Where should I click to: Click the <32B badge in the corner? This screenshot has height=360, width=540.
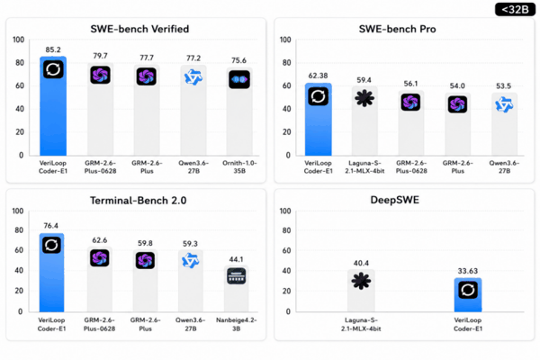click(515, 9)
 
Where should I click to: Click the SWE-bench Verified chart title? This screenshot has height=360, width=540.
click(139, 29)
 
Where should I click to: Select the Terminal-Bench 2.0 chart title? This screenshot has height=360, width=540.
click(138, 200)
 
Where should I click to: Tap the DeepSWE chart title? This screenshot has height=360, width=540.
click(395, 200)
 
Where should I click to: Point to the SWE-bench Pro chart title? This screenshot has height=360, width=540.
click(398, 29)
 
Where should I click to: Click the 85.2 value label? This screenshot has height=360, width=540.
click(53, 49)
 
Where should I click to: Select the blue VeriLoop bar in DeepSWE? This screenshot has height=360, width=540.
click(468, 295)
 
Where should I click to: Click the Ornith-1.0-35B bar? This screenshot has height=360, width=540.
click(239, 112)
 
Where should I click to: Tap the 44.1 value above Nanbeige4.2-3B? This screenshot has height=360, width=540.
click(236, 259)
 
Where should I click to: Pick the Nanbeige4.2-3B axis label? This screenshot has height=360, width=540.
click(236, 324)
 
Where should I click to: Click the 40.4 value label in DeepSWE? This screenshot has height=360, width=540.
click(361, 263)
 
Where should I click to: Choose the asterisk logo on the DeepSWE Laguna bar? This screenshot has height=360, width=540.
click(361, 281)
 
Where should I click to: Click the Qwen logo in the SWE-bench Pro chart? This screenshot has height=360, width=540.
click(504, 104)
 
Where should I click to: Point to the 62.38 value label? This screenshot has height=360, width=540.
click(318, 76)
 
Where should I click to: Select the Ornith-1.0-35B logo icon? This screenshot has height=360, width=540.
click(239, 79)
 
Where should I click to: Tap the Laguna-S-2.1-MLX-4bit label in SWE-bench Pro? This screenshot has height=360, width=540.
click(364, 166)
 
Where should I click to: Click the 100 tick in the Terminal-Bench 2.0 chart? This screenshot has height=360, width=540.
click(18, 211)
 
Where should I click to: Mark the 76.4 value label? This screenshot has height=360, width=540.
click(51, 226)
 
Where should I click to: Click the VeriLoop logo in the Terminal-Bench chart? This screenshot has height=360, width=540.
click(51, 246)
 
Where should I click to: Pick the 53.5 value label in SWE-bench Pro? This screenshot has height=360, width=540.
click(503, 85)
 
